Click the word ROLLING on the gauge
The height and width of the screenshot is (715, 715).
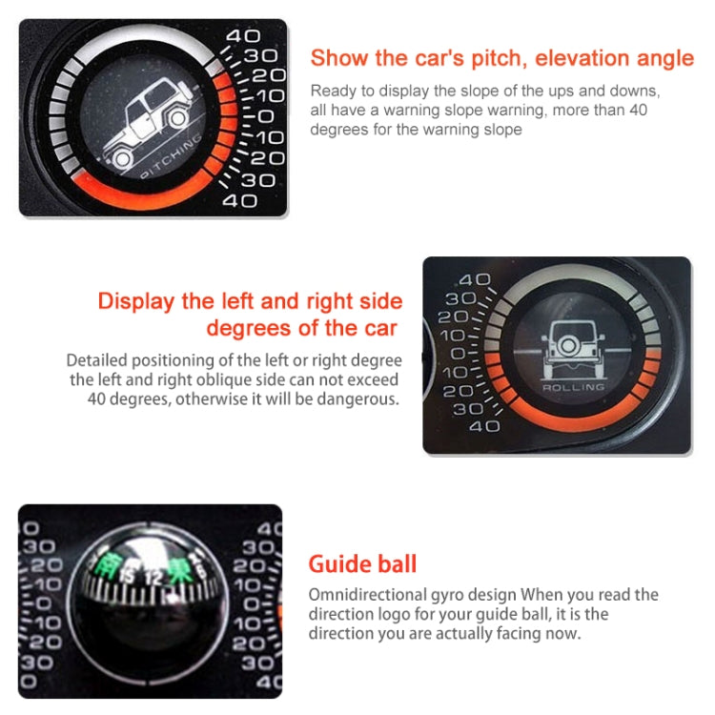(x=573, y=388)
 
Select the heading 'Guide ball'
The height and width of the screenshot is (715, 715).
(x=363, y=563)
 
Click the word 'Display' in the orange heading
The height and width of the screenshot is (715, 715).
(x=135, y=302)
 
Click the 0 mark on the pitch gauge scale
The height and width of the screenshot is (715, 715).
(x=264, y=116)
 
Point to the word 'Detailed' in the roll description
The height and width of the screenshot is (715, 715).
(x=98, y=361)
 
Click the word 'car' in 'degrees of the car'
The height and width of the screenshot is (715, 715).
(x=377, y=329)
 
